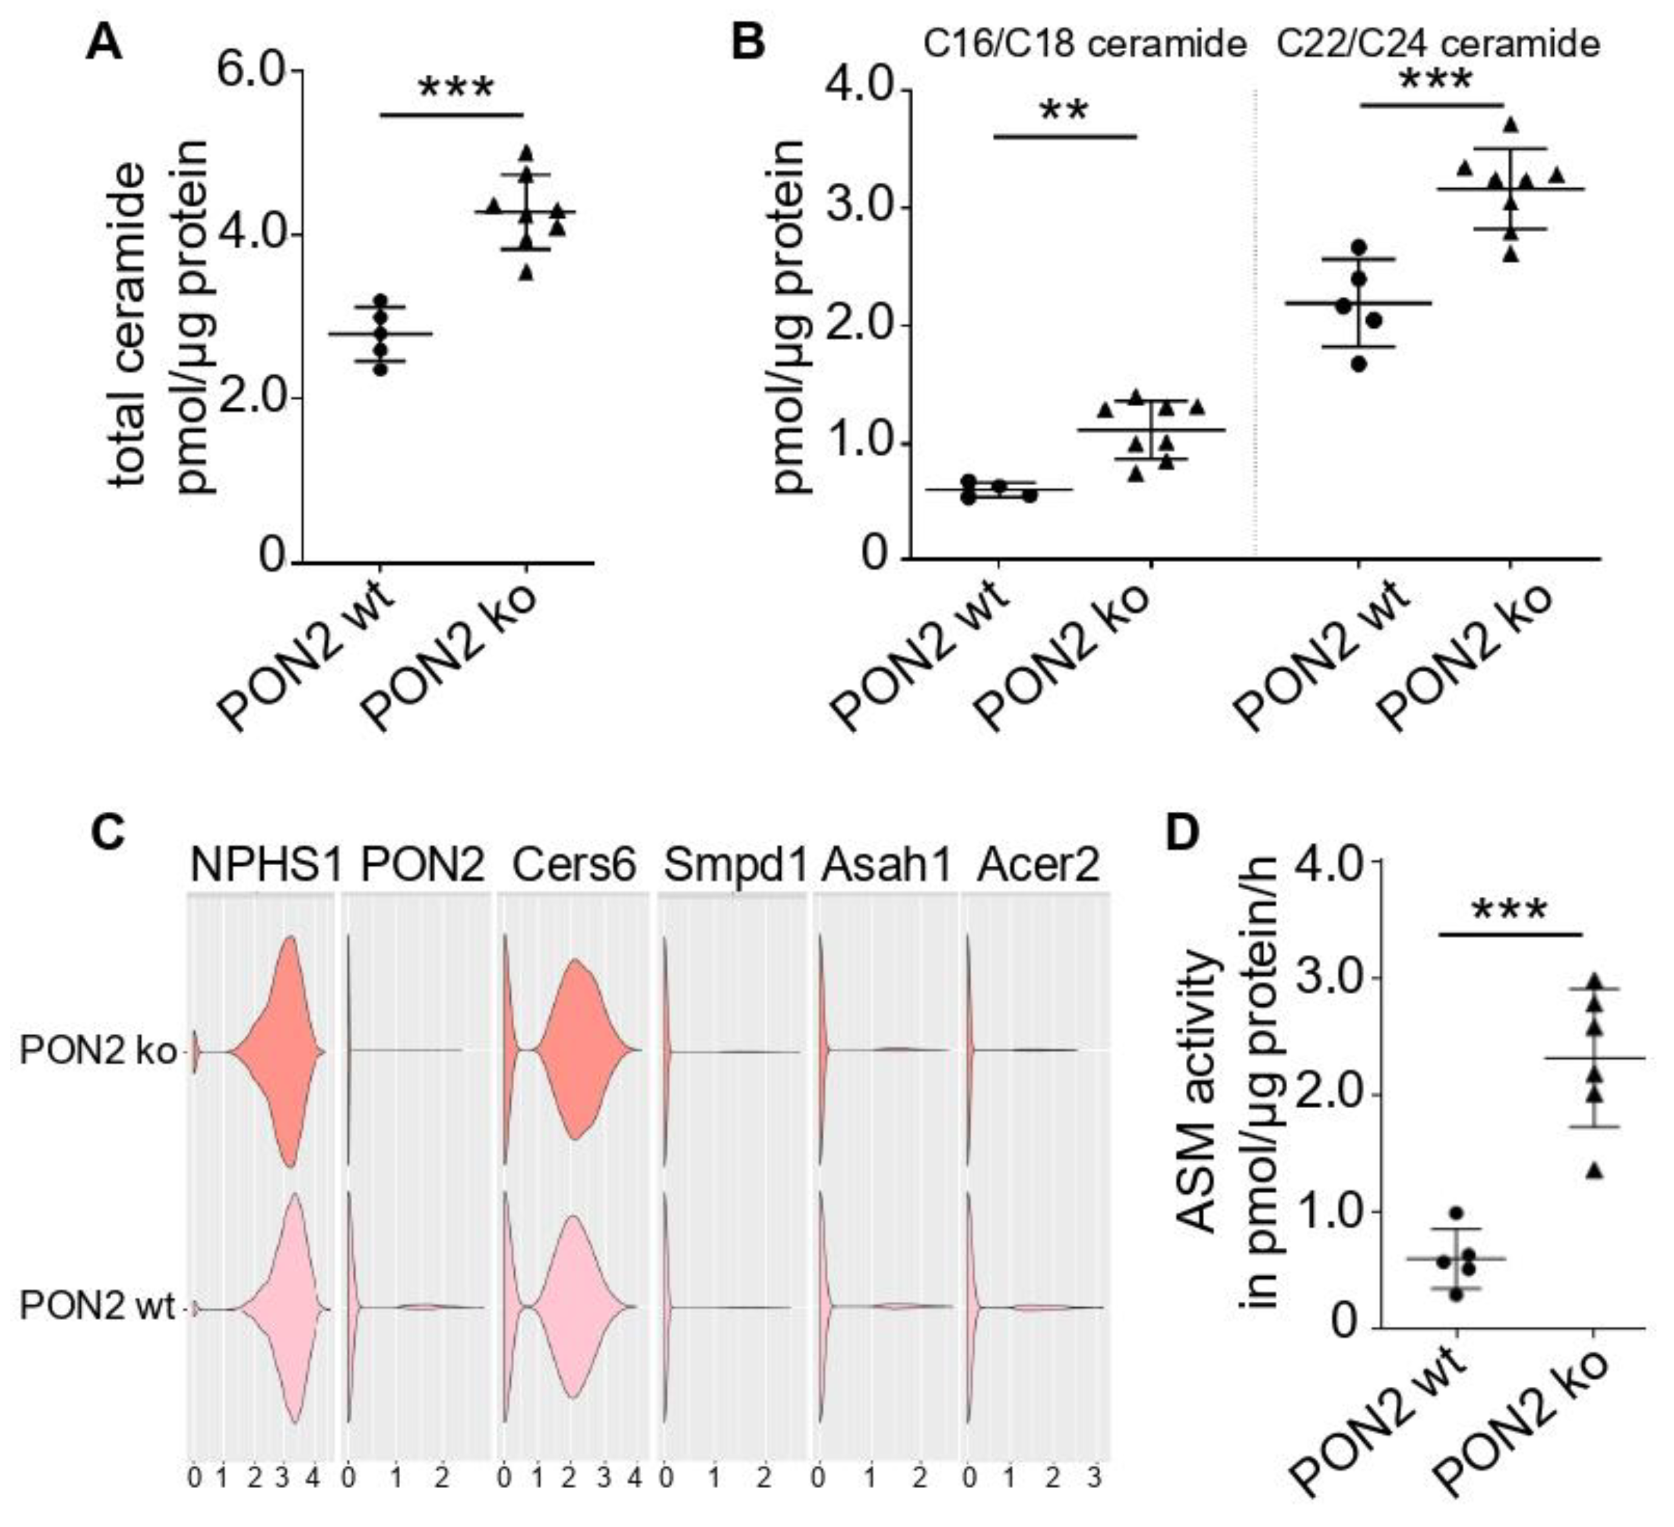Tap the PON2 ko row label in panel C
tap(97, 1052)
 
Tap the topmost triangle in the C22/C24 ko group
tap(1511, 124)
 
